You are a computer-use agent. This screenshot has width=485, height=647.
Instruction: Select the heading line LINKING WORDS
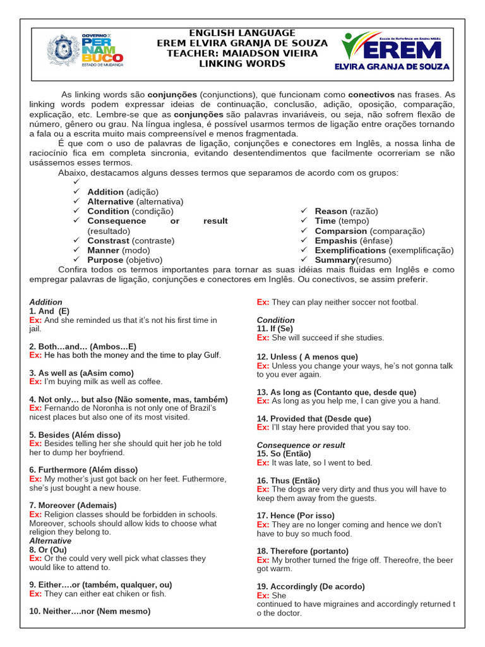tap(242, 64)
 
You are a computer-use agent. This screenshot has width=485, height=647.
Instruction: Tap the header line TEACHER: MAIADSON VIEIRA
tap(242, 53)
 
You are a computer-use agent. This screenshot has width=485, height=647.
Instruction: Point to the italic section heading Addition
tap(45, 302)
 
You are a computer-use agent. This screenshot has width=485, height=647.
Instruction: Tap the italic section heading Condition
tap(275, 320)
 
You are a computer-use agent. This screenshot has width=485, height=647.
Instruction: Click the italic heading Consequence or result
tap(301, 445)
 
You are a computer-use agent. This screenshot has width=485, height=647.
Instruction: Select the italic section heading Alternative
tap(50, 541)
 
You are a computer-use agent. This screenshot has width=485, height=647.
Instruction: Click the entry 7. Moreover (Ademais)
tap(73, 505)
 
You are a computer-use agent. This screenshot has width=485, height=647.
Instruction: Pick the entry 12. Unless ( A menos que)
tap(307, 357)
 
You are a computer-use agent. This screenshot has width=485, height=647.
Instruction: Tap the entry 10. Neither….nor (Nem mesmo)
tap(90, 611)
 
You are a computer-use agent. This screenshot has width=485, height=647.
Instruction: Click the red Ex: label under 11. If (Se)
tap(263, 338)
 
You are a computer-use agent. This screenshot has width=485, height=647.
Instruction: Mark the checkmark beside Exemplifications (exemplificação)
tap(304, 250)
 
